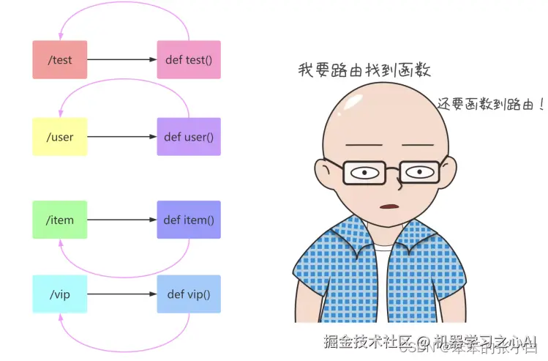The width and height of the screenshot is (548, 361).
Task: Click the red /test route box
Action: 60,59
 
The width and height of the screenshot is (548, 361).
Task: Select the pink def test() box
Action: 189,59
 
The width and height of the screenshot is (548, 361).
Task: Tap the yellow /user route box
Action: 60,137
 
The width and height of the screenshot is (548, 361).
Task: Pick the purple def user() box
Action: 189,137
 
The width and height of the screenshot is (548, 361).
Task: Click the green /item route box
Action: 60,220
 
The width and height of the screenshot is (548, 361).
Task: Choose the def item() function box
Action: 189,220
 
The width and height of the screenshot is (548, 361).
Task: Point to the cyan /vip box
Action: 60,294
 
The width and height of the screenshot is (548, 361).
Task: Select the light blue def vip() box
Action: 189,294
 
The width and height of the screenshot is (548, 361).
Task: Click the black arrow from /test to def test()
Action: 122,59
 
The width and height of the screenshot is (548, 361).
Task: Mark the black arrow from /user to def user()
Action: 122,137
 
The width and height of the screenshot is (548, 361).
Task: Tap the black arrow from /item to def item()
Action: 122,220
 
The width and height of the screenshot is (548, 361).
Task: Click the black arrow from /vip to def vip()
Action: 122,294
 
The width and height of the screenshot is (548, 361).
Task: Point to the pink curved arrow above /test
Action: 124,9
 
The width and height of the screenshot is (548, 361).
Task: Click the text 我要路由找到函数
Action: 364,70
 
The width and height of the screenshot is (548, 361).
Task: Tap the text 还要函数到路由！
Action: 490,104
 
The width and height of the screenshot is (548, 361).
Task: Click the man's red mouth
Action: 389,206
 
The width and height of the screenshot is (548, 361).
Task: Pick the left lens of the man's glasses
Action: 364,173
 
